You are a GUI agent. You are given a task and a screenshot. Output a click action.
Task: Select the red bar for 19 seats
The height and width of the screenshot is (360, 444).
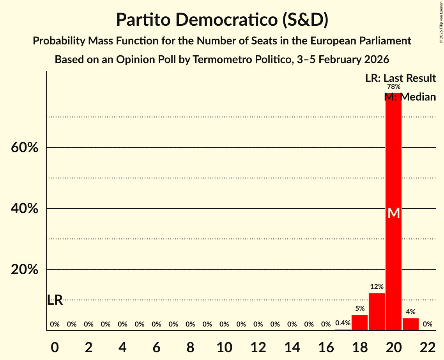point(377,312)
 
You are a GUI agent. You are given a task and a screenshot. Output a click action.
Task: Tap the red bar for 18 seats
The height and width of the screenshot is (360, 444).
point(359,323)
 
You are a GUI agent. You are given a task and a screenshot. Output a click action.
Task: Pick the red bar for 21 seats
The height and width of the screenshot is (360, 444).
point(410,324)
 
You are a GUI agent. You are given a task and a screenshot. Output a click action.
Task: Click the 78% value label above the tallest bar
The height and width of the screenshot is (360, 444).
point(393,87)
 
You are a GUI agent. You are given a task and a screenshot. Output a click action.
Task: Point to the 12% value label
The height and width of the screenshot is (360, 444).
point(377,287)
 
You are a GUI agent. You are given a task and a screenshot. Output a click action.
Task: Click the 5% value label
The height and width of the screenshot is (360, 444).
point(359,309)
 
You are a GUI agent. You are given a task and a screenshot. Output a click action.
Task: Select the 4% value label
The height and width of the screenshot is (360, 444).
point(410,312)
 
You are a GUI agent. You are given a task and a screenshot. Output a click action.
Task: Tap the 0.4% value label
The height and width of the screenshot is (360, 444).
point(343,323)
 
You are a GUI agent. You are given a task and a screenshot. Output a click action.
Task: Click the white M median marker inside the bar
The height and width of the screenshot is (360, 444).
point(394,213)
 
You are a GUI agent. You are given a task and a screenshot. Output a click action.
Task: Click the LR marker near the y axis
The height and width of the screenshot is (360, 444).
point(55,300)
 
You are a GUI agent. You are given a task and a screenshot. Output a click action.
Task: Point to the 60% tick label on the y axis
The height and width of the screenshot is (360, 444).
point(25,148)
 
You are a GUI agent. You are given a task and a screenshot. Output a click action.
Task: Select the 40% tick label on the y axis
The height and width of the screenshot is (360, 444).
point(25,209)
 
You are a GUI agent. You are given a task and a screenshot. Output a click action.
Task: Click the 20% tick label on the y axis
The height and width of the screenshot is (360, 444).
point(25,270)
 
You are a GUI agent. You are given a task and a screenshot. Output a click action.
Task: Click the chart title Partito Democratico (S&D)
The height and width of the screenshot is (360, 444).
point(222,20)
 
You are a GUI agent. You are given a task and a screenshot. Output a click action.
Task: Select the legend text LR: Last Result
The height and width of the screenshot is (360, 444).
point(400,78)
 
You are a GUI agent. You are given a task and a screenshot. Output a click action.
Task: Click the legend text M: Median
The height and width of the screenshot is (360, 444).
point(410,97)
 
